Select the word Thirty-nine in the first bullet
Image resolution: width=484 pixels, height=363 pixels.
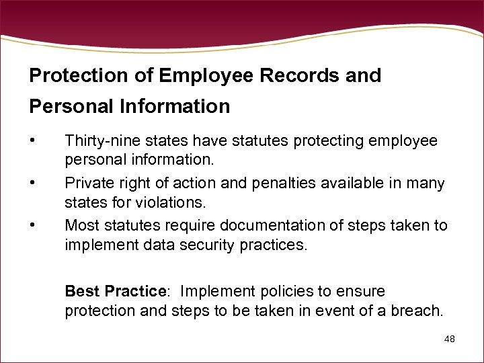pyautogui.click(x=99, y=141)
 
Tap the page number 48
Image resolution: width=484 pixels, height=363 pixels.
pyautogui.click(x=450, y=339)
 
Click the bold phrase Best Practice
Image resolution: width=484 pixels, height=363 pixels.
pyautogui.click(x=115, y=291)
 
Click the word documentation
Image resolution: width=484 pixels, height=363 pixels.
pyautogui.click(x=267, y=226)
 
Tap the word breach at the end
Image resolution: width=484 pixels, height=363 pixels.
pyautogui.click(x=421, y=310)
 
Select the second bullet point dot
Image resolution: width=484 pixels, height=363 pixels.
pyautogui.click(x=32, y=183)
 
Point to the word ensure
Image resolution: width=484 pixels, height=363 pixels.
pyautogui.click(x=361, y=291)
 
